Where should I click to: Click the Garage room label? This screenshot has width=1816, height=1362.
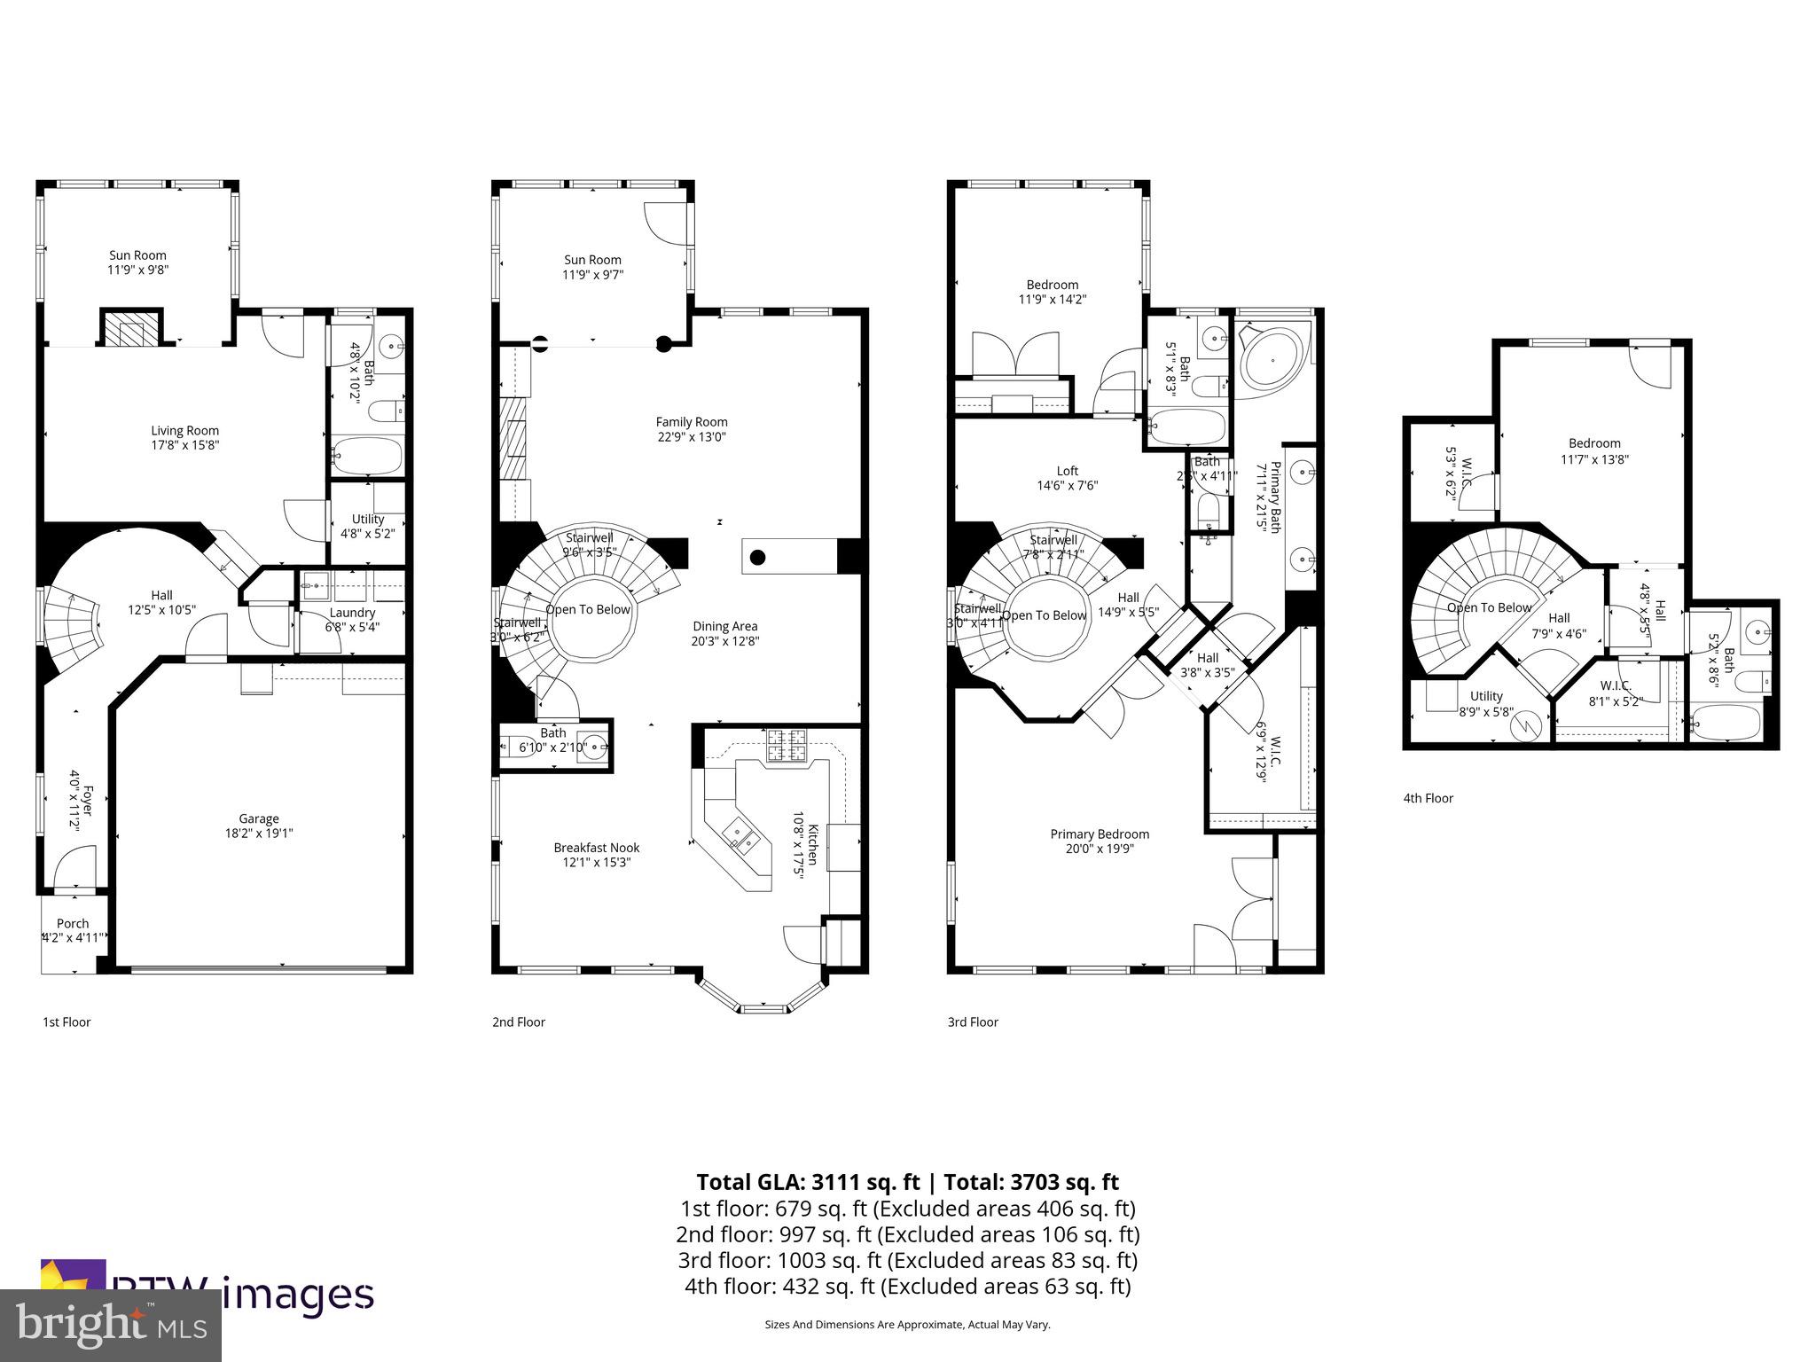(258, 818)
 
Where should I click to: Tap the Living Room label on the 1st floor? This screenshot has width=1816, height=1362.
(184, 431)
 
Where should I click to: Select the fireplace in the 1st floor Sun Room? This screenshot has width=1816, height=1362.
(131, 329)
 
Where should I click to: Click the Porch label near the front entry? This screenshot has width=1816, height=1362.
(73, 923)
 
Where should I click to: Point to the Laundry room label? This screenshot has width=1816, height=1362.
(352, 613)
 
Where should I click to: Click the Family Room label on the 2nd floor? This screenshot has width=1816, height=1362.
(692, 422)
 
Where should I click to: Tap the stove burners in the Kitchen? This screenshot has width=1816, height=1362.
(787, 745)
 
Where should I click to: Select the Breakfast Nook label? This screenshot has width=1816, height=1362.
(596, 848)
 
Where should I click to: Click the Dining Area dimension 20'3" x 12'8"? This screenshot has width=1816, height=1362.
(725, 641)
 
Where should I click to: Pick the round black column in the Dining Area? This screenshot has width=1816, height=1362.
(757, 558)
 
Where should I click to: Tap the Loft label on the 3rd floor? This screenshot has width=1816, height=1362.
(1067, 471)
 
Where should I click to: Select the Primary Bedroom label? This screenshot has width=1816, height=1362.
(1100, 834)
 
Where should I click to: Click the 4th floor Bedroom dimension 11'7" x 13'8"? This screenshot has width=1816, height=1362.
(1594, 459)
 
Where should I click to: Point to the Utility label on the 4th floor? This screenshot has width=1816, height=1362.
(1486, 696)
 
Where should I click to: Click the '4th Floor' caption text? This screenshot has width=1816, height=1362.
(1428, 798)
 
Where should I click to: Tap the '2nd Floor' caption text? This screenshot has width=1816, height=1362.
(519, 1021)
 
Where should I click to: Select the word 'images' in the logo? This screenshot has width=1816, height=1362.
(297, 1295)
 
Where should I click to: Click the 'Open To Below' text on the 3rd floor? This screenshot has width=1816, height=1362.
(1044, 615)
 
